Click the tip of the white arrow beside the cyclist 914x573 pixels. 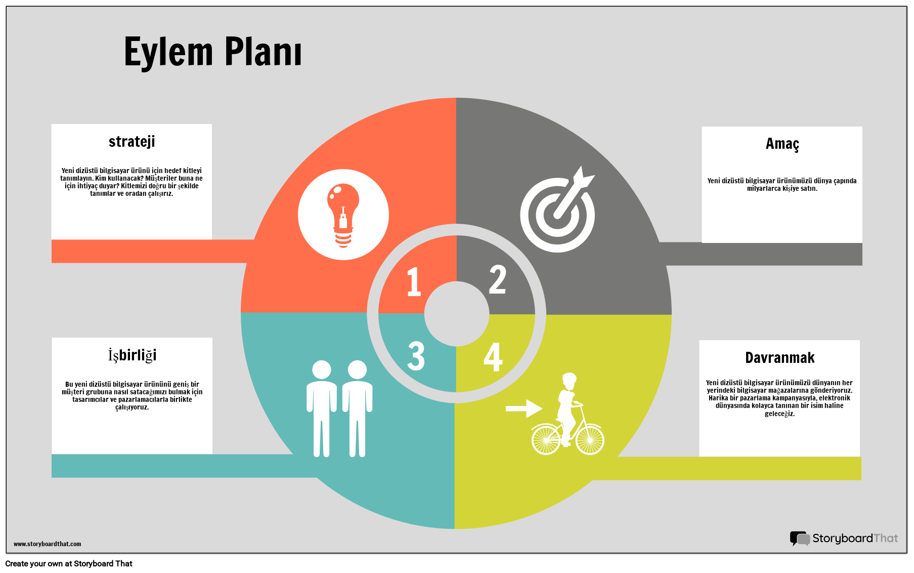point(543,408)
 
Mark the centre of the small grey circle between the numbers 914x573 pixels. point(457,314)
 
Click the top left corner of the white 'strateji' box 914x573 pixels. point(52,124)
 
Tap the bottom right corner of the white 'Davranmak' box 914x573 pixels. point(859,457)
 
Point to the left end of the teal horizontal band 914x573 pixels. point(52,466)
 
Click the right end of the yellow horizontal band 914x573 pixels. point(861,468)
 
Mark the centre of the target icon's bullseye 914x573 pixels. point(557,215)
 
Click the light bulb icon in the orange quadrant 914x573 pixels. point(343,215)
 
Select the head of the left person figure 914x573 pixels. point(322,370)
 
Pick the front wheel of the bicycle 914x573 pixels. point(590,439)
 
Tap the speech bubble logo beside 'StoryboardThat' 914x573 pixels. point(800,538)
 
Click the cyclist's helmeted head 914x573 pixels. point(570,380)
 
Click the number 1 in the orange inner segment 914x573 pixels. point(414,281)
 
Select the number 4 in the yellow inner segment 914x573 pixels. point(493,357)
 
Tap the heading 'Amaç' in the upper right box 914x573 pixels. point(782,144)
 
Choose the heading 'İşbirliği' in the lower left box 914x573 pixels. point(132,355)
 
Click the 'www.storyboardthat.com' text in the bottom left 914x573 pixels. point(47,544)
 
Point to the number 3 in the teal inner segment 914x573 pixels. point(416,356)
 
